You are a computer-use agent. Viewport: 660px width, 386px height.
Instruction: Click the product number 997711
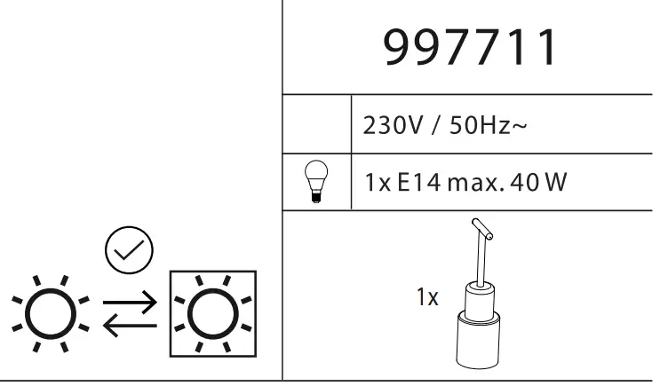[x=471, y=49]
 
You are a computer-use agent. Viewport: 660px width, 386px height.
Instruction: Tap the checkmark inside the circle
[x=129, y=251]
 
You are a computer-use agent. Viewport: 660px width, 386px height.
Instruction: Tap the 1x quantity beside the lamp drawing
[x=428, y=297]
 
